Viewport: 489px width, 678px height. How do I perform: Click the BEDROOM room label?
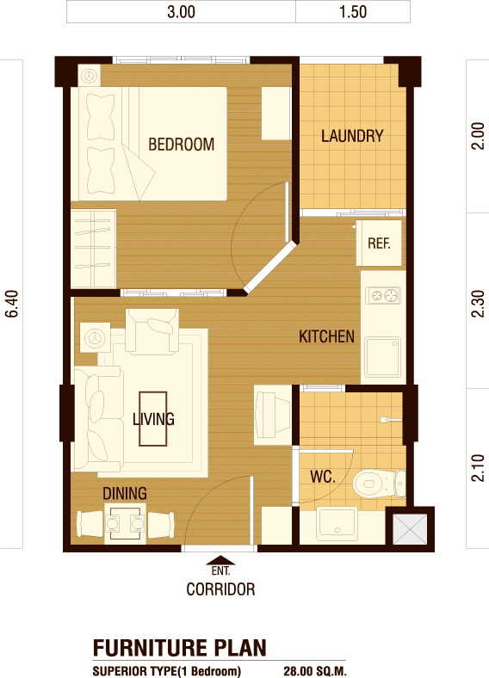pos(182,144)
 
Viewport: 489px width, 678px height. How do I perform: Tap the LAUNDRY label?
pos(352,136)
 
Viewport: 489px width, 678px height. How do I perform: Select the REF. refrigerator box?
pos(379,243)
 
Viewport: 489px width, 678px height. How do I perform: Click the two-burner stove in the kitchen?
pos(383,296)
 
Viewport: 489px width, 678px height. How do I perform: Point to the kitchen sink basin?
pos(382,357)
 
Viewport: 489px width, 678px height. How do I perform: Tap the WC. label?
pos(323,477)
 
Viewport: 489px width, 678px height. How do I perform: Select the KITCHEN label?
pos(327,336)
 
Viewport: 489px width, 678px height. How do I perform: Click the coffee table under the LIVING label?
pos(152,418)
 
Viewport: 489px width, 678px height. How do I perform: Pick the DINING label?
pos(125,493)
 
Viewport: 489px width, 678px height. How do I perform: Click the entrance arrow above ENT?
pos(220,560)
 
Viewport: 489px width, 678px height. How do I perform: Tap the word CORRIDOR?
pos(220,589)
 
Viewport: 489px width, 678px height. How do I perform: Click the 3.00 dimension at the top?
pos(182,12)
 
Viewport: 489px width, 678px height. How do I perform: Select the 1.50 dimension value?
pos(353,12)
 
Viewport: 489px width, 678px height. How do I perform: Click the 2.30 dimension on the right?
pos(478,304)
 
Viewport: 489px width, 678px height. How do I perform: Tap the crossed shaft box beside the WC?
pos(410,529)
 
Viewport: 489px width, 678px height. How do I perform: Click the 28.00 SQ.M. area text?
pos(315,671)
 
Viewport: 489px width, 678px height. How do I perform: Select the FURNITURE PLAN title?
pos(180,648)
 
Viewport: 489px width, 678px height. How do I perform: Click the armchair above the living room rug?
pos(152,330)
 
